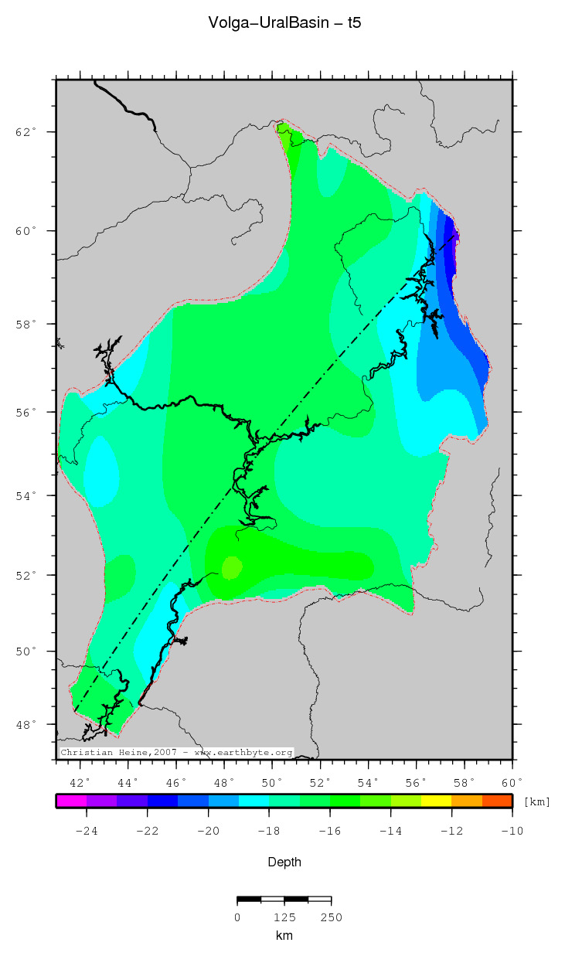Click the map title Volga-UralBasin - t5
(284, 23)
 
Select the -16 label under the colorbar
(329, 832)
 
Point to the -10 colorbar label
(512, 832)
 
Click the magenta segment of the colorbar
(71, 801)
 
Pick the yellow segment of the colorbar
(436, 801)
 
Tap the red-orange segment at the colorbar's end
(497, 801)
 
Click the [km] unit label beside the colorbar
(537, 802)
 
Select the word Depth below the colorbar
(284, 862)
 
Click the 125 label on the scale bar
(284, 917)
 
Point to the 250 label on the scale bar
(331, 917)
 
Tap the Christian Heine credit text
(176, 752)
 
